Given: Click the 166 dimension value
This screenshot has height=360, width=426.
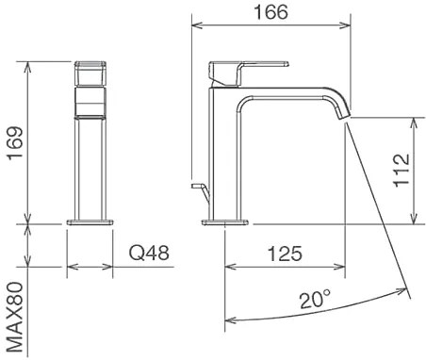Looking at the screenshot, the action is [270, 12].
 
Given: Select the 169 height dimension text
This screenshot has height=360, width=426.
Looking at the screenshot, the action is [16, 143].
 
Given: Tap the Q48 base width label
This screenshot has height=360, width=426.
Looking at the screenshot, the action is [149, 253].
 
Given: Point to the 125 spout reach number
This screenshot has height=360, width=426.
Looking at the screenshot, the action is [285, 254].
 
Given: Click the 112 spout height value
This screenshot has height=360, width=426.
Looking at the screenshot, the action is [401, 170].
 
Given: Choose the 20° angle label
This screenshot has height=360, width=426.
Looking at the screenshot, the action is [315, 299].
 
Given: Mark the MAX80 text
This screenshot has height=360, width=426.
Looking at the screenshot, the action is [15, 317].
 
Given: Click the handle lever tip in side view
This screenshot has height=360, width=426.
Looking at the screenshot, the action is [287, 64].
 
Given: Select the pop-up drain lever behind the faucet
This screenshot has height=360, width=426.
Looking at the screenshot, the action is [200, 190].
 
